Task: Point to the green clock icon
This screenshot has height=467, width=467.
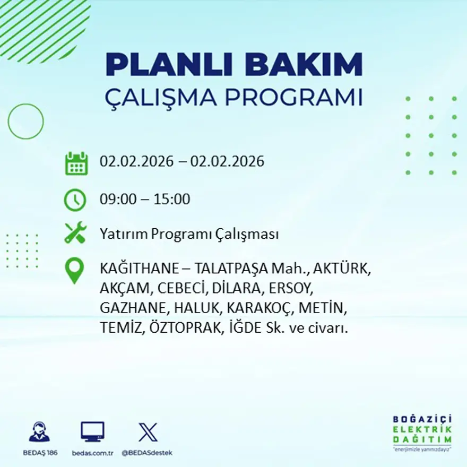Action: coord(75,200)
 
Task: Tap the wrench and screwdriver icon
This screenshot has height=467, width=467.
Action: coord(75,233)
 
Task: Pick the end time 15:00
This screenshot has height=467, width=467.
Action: coord(172,200)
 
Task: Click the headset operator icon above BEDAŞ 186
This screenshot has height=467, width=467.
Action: coord(39,432)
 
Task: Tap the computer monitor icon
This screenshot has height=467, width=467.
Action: coord(92,432)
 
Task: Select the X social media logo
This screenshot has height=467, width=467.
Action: coord(148,432)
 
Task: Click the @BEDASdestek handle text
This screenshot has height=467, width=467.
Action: coord(147,453)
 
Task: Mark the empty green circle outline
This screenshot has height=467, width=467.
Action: coord(25,122)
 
